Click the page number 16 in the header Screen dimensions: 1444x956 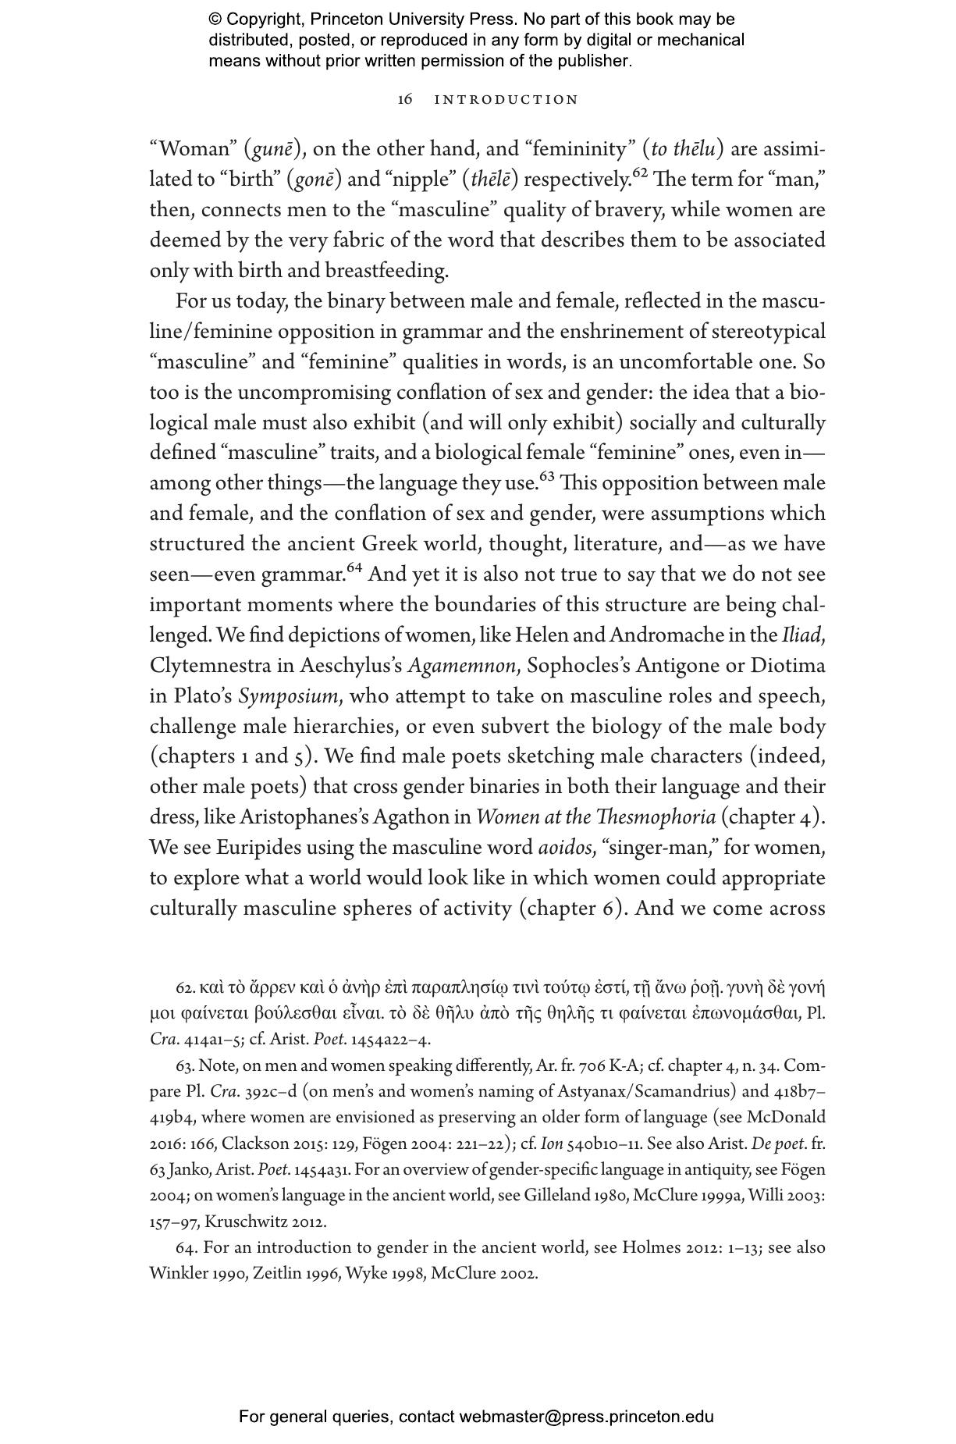[404, 100]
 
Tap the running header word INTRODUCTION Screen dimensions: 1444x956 [506, 100]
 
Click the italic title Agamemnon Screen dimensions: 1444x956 [462, 666]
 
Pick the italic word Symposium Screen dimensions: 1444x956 [288, 696]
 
